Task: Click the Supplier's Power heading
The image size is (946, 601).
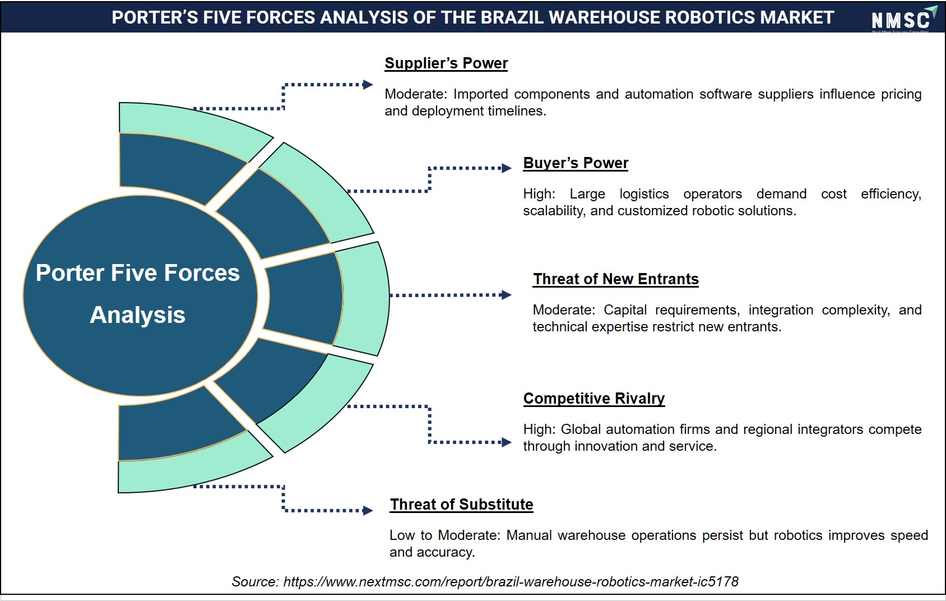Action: click(x=446, y=63)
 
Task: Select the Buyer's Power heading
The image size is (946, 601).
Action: click(x=576, y=163)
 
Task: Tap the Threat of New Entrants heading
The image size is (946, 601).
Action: click(x=616, y=279)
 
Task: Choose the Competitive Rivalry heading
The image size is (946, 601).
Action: click(x=594, y=399)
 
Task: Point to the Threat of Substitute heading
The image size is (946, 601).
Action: click(x=461, y=504)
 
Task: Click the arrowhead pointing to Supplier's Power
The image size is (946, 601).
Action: click(x=368, y=85)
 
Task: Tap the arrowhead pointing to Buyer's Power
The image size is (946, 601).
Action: click(x=507, y=168)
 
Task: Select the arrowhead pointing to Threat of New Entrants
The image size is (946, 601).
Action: click(x=506, y=295)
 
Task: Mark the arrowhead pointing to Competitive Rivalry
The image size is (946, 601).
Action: click(x=507, y=442)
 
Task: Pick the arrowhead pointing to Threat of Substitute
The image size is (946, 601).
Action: click(x=368, y=511)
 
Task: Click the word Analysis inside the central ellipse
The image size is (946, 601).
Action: click(x=138, y=315)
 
